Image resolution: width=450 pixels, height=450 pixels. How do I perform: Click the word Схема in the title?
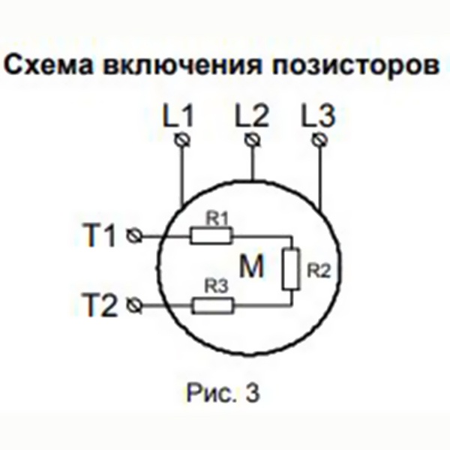49,65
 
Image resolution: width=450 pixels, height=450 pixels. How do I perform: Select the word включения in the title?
183,65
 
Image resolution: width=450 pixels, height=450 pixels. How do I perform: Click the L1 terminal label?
178,115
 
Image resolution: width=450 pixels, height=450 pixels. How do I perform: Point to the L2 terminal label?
252,115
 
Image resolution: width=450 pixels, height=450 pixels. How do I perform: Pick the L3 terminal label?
318,115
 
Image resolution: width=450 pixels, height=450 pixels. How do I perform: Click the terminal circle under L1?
182,140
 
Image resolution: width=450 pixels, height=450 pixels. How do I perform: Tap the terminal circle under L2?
253,140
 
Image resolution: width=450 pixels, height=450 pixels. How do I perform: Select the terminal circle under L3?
319,140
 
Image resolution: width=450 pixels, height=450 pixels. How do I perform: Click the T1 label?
100,235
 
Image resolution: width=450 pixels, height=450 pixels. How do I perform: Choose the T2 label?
100,304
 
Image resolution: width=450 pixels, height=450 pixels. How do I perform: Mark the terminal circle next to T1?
134,236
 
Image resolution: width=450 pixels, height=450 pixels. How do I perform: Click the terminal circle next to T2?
134,305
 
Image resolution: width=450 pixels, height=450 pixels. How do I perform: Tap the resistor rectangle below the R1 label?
211,236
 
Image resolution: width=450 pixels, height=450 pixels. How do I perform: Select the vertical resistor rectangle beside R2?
291,269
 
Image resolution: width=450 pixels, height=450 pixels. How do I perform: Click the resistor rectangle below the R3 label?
213,306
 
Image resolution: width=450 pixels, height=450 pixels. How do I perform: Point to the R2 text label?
319,270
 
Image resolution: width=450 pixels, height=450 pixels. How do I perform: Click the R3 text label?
216,286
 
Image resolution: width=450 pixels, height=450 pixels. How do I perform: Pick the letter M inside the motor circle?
251,266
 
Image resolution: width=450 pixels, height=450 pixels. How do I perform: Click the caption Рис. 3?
223,393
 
